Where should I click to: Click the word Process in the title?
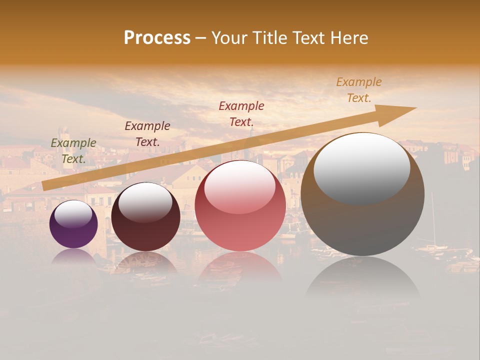click(x=157, y=38)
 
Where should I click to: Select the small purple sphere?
click(x=73, y=224)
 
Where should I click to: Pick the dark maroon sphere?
click(x=145, y=217)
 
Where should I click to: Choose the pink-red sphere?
click(x=240, y=206)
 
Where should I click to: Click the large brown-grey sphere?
click(x=362, y=195)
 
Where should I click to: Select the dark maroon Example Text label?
click(x=147, y=134)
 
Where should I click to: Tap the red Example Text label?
click(x=241, y=113)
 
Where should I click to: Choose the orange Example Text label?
click(x=359, y=90)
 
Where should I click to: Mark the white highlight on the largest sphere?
click(x=361, y=168)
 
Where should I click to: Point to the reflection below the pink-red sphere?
click(x=240, y=270)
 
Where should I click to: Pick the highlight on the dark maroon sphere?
click(x=145, y=202)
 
